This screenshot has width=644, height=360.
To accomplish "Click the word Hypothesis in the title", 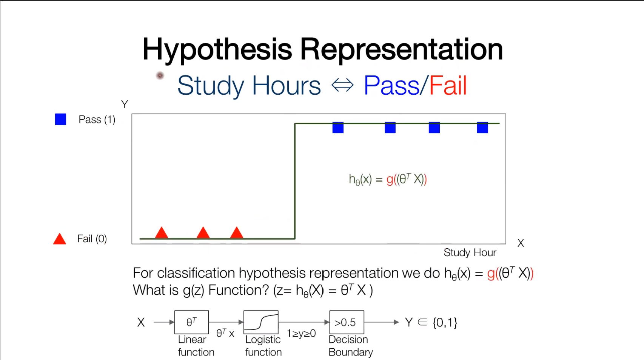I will [x=217, y=50].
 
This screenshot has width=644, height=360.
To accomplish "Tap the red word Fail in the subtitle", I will [x=448, y=86].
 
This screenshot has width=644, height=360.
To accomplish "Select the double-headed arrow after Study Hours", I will [x=342, y=85].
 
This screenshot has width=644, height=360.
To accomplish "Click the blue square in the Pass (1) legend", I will [x=60, y=119].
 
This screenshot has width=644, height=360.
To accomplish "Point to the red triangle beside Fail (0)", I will [x=60, y=239].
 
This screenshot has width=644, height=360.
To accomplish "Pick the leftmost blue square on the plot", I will [x=338, y=128].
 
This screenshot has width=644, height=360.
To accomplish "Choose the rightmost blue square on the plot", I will [x=482, y=128].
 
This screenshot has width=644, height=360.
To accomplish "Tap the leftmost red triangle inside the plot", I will [x=162, y=233].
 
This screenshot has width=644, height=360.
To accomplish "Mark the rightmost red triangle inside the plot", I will [x=237, y=233].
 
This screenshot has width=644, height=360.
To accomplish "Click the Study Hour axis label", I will [x=470, y=252].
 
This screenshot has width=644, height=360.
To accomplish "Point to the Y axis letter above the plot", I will [x=125, y=104].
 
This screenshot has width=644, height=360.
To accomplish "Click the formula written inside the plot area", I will [x=388, y=179].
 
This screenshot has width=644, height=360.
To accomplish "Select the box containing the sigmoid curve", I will [x=261, y=322].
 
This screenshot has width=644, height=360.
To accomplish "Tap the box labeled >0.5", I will [x=347, y=322].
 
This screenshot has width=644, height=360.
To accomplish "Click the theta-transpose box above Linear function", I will [x=191, y=322].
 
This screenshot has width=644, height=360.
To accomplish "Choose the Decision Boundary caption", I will [x=350, y=346].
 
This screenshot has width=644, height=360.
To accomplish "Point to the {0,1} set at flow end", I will [x=445, y=323].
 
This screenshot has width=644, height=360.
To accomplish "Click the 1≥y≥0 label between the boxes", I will [x=301, y=334].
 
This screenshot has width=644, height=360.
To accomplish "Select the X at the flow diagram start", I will [x=141, y=323].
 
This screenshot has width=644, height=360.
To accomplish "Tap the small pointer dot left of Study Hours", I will [x=160, y=76].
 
